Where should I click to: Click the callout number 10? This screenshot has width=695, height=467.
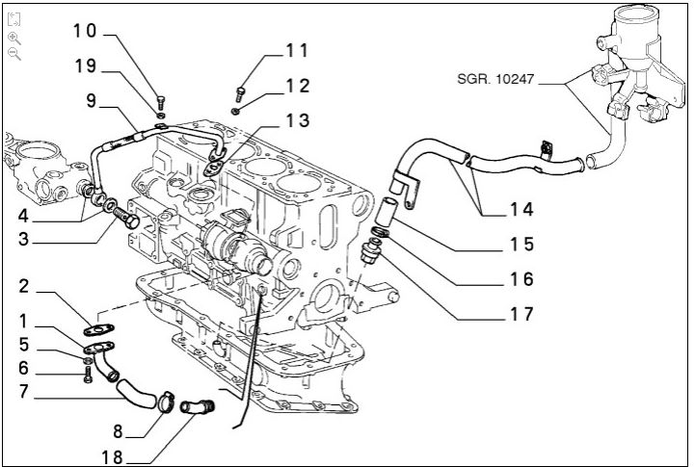[85, 31]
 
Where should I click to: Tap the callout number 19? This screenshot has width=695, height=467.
[86, 65]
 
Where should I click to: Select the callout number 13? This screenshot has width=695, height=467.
[298, 120]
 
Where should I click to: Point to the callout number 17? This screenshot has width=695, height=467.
[521, 314]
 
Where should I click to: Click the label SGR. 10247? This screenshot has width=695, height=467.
[495, 79]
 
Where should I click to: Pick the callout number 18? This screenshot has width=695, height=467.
[112, 457]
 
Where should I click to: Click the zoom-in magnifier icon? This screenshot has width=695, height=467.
[14, 39]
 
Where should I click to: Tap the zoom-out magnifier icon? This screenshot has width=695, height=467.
[14, 54]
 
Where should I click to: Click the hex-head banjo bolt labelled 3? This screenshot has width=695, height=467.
[126, 217]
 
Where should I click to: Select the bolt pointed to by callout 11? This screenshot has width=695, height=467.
[240, 94]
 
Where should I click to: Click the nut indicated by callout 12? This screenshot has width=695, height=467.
[236, 111]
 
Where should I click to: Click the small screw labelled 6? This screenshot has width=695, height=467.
[88, 374]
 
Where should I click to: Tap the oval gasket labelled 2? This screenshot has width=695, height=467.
[98, 329]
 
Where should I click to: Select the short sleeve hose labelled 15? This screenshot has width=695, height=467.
[385, 211]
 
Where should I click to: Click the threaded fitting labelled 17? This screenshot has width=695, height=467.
[371, 251]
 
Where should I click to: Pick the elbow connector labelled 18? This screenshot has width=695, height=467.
[198, 406]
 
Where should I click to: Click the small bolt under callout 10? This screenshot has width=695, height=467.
[161, 103]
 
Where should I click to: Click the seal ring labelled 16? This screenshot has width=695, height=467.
[381, 232]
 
